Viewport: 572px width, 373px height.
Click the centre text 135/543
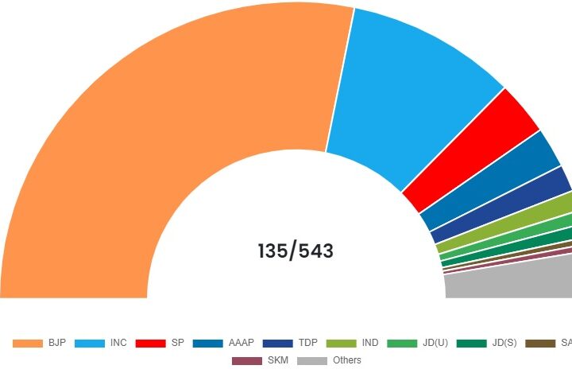[x=296, y=251]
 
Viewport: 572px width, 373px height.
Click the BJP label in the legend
[x=56, y=343]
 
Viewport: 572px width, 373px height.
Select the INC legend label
[x=118, y=343]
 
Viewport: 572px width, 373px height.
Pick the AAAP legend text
[x=241, y=343]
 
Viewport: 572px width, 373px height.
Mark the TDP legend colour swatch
[x=277, y=343]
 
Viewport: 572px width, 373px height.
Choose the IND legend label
[x=369, y=343]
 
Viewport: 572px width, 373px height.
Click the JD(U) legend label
[x=435, y=343]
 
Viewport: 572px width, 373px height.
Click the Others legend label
[x=347, y=360]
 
